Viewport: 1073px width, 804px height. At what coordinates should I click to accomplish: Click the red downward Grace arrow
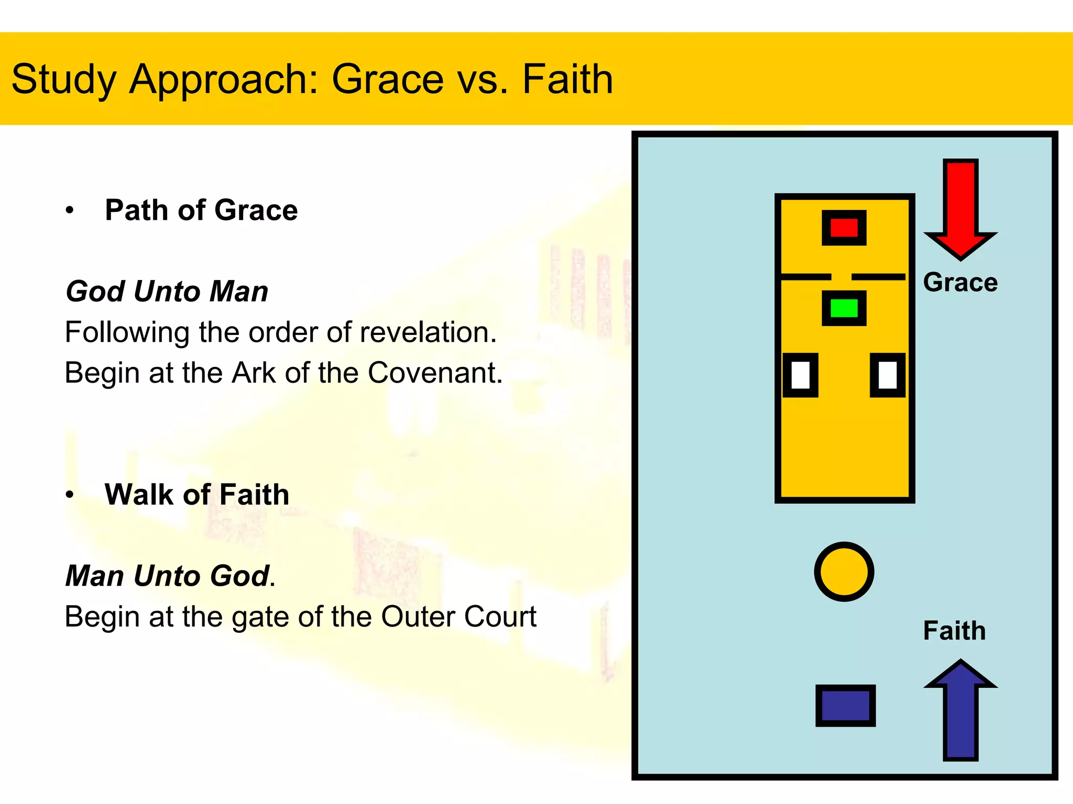pos(960,209)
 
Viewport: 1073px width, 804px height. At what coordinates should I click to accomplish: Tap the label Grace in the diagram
pos(960,283)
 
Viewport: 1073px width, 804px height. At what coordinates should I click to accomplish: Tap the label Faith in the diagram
pos(954,631)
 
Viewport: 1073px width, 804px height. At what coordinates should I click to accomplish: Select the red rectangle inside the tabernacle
pos(844,228)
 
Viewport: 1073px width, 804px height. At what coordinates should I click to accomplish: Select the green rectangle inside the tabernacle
pos(844,308)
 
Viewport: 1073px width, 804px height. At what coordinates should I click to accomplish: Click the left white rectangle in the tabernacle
pos(801,375)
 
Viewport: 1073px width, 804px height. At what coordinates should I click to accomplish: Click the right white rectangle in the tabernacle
pos(888,375)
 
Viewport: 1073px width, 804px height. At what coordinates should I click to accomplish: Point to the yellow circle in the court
pos(844,572)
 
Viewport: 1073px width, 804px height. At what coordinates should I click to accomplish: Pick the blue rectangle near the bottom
pos(845,706)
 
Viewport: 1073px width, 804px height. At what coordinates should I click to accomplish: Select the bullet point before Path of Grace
pos(70,211)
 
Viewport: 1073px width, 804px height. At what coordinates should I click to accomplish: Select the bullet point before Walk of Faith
pos(70,495)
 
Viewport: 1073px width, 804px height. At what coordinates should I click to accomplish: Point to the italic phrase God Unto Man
pos(167,292)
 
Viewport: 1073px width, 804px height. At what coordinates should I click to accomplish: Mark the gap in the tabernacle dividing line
pos(841,276)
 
